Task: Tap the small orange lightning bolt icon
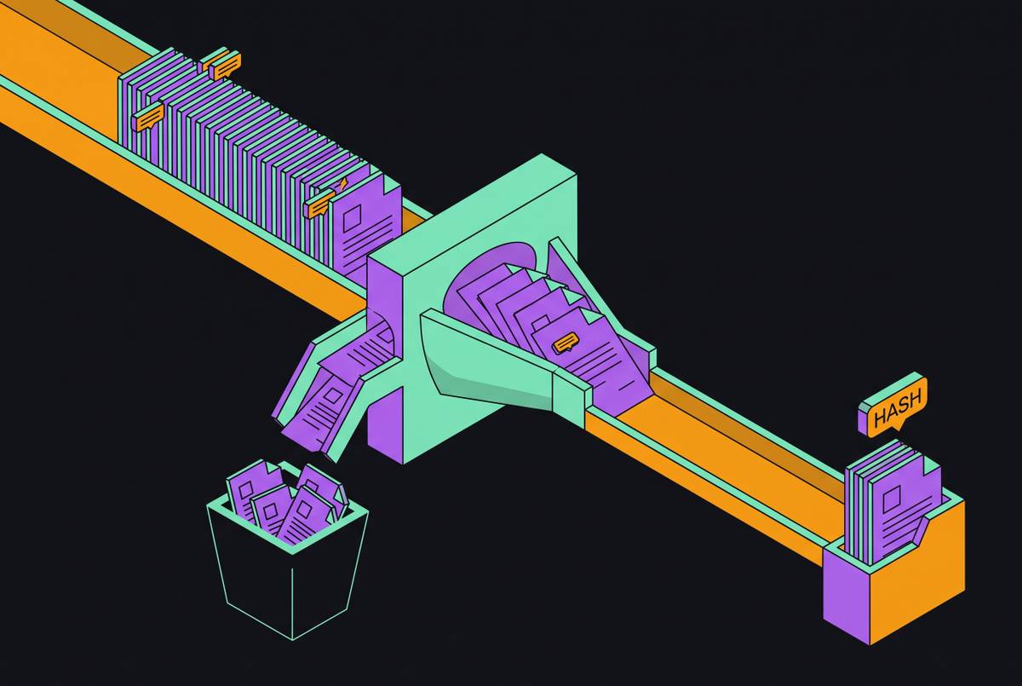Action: pos(343,184)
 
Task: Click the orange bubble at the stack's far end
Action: pos(226,66)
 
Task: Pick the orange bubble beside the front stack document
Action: pos(321,204)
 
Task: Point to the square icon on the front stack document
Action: pos(352,217)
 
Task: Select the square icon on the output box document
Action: pos(893,498)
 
